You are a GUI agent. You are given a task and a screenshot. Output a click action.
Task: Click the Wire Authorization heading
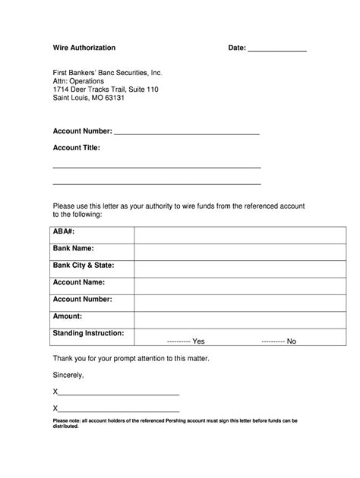[x=84, y=48]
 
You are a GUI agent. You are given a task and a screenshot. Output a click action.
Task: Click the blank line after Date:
[x=277, y=49]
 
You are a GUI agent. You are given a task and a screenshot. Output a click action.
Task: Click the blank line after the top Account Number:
[x=187, y=132]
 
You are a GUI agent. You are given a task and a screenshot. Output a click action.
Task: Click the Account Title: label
[x=77, y=148]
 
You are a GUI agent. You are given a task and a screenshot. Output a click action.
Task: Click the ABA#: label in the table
[x=64, y=230]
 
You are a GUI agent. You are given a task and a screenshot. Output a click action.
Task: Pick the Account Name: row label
[x=79, y=281]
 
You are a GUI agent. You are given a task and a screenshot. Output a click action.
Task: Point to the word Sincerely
[x=68, y=375]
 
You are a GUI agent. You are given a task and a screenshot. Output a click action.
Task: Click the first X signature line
[x=118, y=392]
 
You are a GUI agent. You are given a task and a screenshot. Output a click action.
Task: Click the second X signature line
[x=118, y=410]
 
